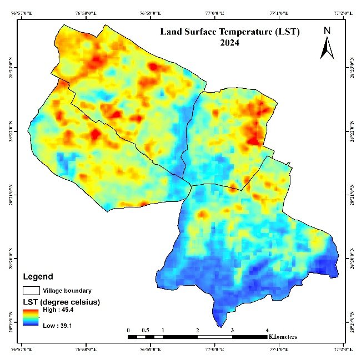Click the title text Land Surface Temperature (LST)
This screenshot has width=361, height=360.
229,33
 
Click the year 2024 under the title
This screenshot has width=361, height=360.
229,43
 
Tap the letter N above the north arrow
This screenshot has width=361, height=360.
327,31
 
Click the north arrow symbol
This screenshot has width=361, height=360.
327,47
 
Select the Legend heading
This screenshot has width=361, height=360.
38,276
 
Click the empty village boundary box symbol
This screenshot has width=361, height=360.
31,290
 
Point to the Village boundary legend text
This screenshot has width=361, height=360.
67,290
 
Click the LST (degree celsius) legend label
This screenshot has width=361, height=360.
61,302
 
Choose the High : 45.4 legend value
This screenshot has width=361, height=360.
60,311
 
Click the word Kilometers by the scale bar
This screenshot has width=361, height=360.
282,337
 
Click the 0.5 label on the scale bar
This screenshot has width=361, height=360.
146,330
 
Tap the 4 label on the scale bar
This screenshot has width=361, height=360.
267,330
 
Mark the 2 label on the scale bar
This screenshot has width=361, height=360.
197,330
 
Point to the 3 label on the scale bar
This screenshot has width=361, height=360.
232,330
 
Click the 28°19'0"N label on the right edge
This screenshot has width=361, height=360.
353,322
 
